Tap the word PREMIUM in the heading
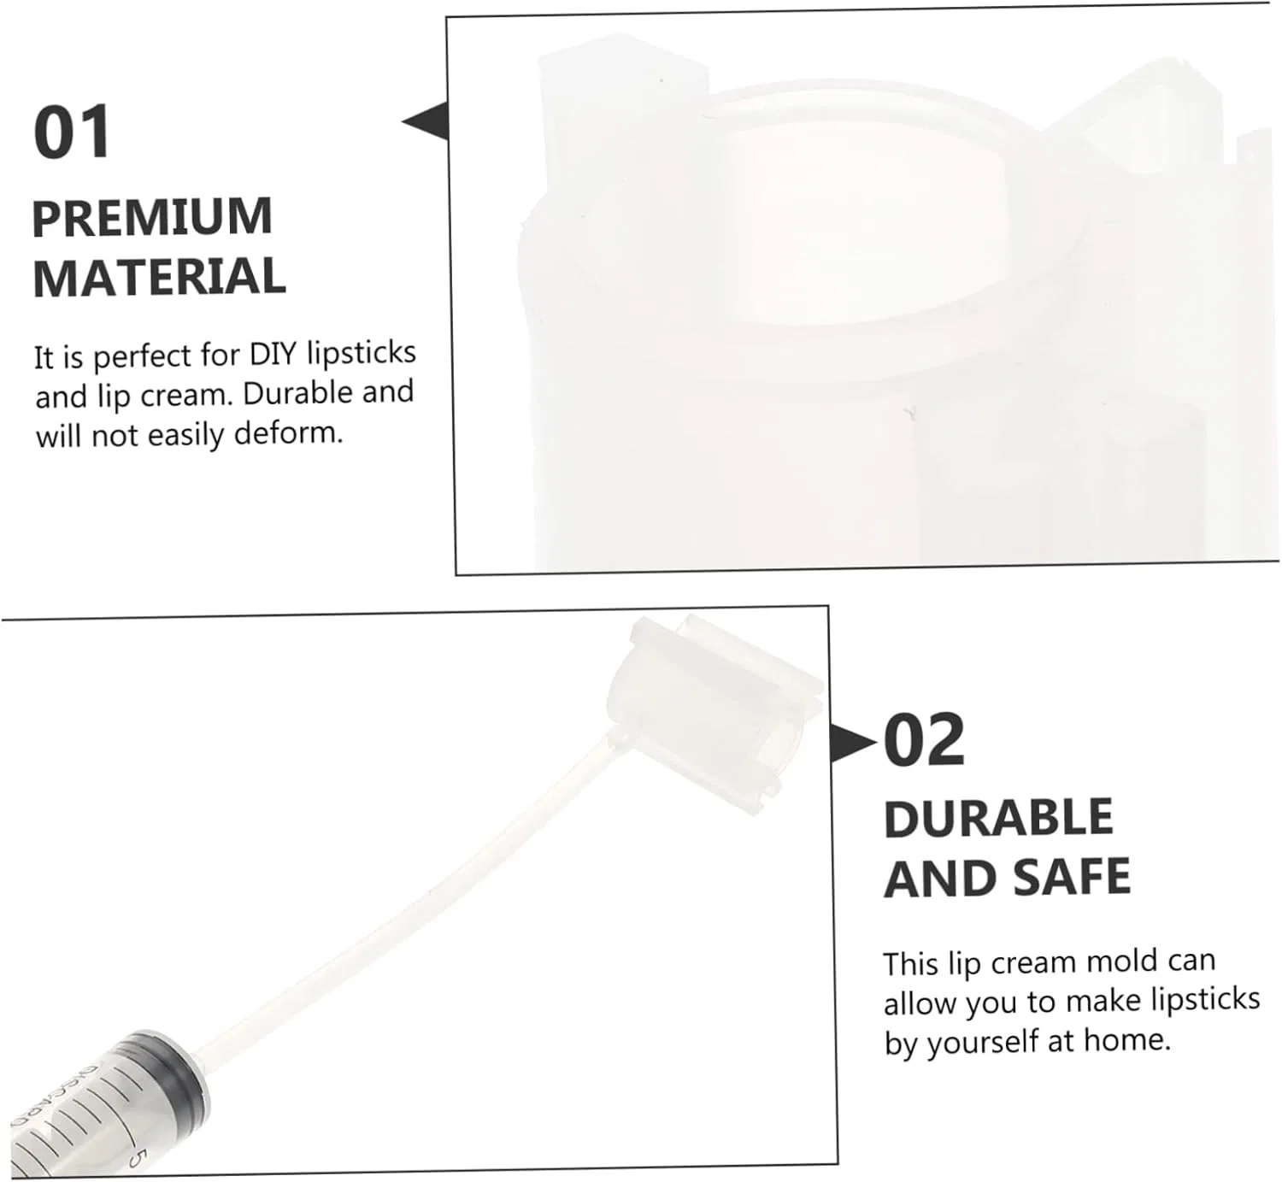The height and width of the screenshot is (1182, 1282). (152, 218)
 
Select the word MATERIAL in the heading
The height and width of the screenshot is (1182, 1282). (159, 278)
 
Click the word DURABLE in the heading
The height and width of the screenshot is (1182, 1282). (998, 818)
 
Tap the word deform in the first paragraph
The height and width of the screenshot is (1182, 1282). (288, 432)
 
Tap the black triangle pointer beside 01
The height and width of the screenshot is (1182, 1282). (425, 121)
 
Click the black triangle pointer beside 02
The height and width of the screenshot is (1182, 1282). (852, 743)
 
